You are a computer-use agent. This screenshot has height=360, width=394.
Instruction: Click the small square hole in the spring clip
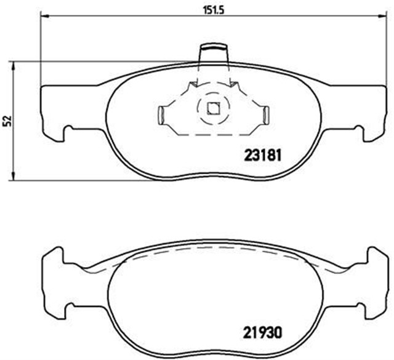coord(213,109)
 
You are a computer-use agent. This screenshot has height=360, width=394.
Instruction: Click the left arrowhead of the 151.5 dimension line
coord(43,18)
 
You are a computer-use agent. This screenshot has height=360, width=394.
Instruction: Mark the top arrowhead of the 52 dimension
coord(14,64)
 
